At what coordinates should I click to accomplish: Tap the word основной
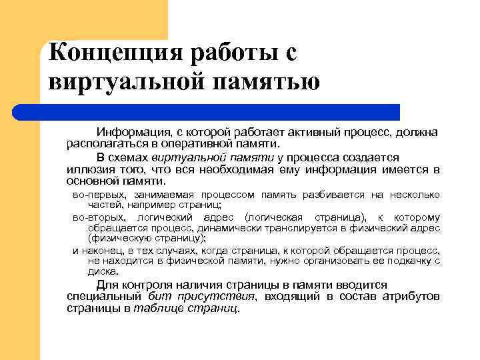tap(91, 181)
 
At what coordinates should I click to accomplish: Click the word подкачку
tap(406, 261)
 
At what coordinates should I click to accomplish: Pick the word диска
tap(103, 271)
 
